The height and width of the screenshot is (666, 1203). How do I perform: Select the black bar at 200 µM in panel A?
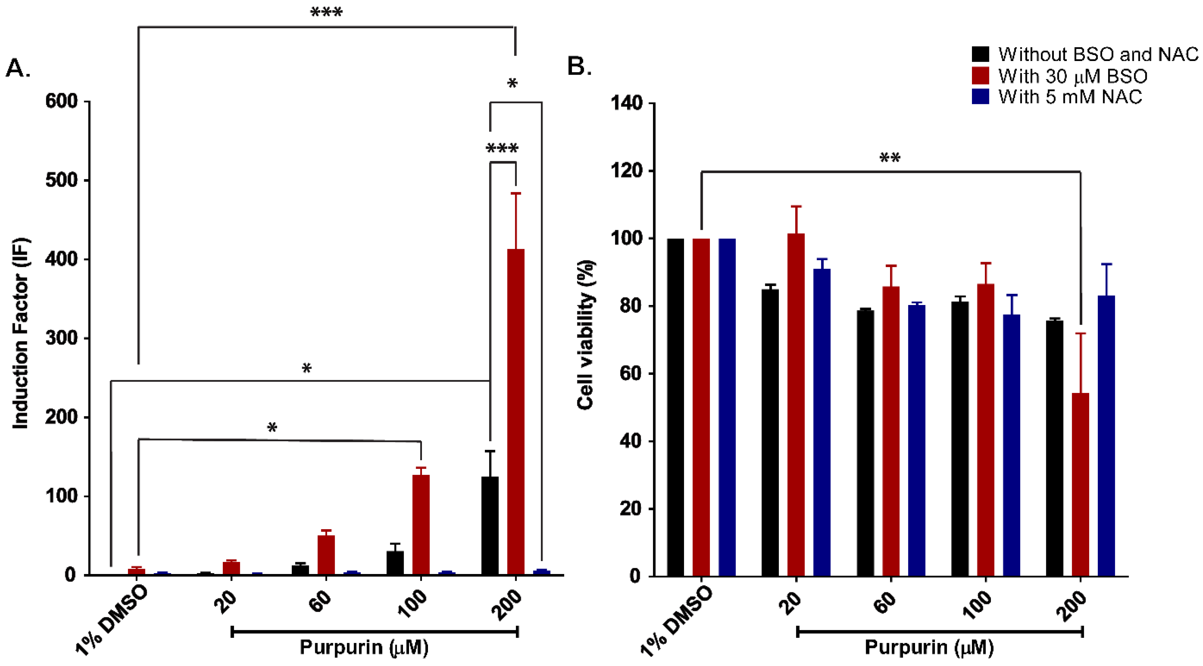(490, 525)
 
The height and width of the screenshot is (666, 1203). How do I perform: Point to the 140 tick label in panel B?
(626, 103)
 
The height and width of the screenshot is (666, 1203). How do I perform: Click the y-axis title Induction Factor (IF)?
(21, 333)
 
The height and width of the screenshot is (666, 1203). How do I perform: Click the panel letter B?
(579, 67)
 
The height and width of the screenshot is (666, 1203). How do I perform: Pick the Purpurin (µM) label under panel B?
(929, 647)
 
